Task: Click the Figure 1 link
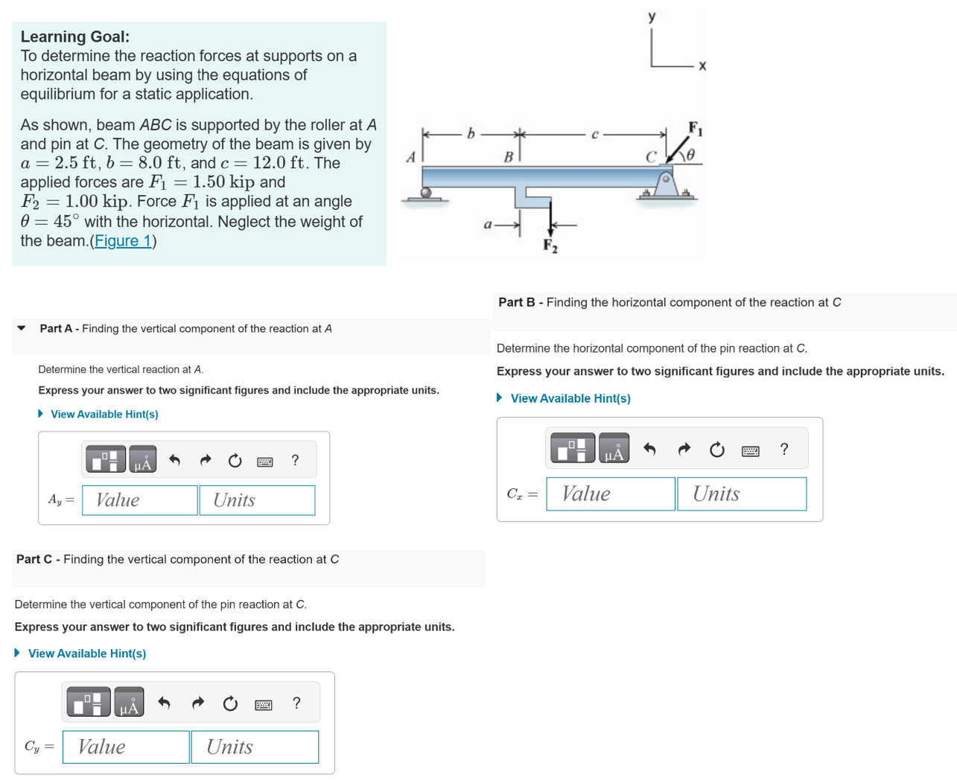point(123,241)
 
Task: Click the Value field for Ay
point(140,500)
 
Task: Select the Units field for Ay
point(257,500)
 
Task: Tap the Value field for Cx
point(610,494)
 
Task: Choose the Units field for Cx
point(741,494)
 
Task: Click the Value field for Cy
point(126,747)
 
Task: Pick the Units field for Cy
point(255,747)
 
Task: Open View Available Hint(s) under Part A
point(104,415)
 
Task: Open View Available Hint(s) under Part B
point(570,399)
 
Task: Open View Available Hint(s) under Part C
point(86,653)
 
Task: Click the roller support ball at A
point(426,193)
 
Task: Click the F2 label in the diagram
point(550,246)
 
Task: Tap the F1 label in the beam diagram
point(694,128)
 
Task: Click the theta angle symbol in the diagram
point(690,155)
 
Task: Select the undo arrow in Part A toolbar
point(175,461)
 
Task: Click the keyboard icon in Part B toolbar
point(751,450)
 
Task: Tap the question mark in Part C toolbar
point(296,703)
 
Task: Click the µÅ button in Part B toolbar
point(614,449)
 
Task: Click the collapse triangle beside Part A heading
point(22,328)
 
